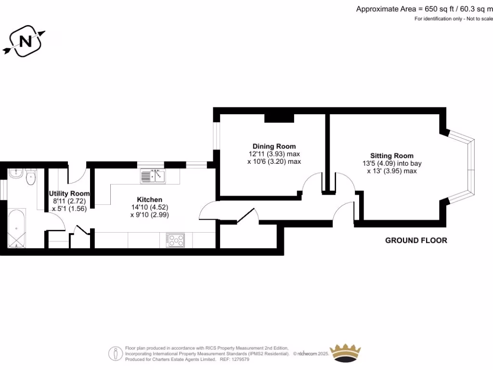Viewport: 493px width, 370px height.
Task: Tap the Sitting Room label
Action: [x=391, y=156]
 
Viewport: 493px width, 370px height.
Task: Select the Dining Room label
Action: [x=274, y=146]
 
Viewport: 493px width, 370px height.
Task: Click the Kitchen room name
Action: [x=149, y=199]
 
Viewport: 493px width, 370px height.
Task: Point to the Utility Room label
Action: [x=69, y=194]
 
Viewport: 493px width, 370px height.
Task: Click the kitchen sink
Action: [x=153, y=176]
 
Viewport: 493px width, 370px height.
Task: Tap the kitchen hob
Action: [x=175, y=240]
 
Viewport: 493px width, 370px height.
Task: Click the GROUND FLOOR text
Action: [x=416, y=240]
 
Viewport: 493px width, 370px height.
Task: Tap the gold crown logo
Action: [x=345, y=354]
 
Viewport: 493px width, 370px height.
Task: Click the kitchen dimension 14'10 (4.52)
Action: [x=149, y=207]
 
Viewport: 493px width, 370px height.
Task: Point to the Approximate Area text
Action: [x=424, y=9]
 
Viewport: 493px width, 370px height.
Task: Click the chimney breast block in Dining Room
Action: [x=279, y=118]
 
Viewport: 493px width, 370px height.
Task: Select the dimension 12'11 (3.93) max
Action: [x=274, y=154]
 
